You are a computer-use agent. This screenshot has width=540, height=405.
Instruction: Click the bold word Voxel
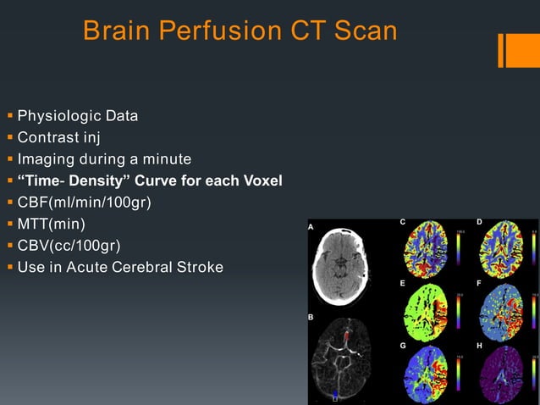coord(258,181)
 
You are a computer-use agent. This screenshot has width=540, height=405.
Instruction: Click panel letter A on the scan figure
coord(311,227)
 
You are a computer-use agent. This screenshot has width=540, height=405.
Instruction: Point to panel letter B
coord(311,317)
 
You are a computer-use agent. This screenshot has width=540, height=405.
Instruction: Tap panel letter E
coord(403,284)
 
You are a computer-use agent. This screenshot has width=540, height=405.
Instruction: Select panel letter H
coord(479,346)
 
